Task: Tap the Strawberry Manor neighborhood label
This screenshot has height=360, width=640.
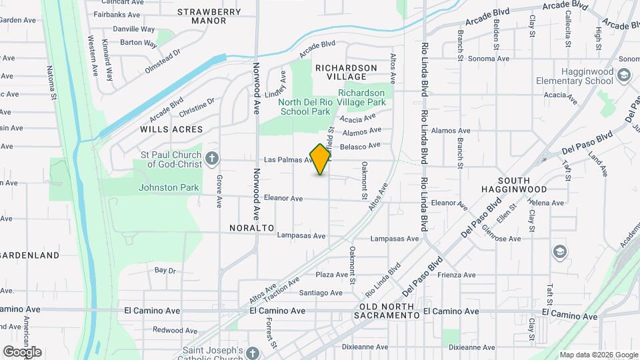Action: pos(209,16)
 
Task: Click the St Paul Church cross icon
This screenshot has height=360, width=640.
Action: pos(212,159)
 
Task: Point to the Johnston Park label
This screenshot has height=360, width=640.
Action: pos(169,187)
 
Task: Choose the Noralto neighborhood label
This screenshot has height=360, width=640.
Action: pos(252,227)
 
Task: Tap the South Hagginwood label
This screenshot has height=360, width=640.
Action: pos(524,185)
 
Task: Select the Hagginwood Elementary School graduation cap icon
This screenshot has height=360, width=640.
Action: pos(623,75)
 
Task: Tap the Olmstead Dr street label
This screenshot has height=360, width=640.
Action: pos(163,57)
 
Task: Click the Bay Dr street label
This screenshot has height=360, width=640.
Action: pos(165,271)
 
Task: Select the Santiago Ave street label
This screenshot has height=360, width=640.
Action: pos(321,293)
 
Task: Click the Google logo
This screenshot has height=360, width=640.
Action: pos(22,351)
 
